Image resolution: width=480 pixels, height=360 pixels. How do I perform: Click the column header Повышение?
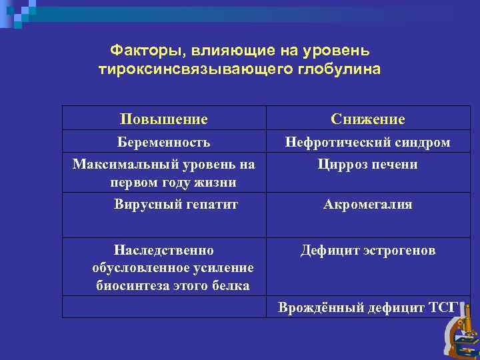pyautogui.click(x=163, y=119)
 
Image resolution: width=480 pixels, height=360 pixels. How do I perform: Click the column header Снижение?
pyautogui.click(x=367, y=119)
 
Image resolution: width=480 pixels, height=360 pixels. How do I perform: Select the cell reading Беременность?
pyautogui.click(x=163, y=142)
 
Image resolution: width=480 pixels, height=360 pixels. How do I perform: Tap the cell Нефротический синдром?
pyautogui.click(x=367, y=142)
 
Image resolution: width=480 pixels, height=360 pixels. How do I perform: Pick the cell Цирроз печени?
pyautogui.click(x=367, y=164)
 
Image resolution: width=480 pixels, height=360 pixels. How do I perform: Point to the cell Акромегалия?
pyautogui.click(x=367, y=205)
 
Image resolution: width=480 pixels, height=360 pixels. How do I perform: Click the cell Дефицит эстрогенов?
pyautogui.click(x=367, y=251)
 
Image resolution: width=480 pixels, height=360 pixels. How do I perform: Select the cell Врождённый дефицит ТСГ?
pyautogui.click(x=367, y=307)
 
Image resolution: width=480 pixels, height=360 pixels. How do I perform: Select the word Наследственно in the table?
pyautogui.click(x=163, y=251)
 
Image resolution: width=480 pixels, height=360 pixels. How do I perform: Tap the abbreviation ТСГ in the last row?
pyautogui.click(x=443, y=307)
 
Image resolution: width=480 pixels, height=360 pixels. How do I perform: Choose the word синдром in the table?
pyautogui.click(x=425, y=142)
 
